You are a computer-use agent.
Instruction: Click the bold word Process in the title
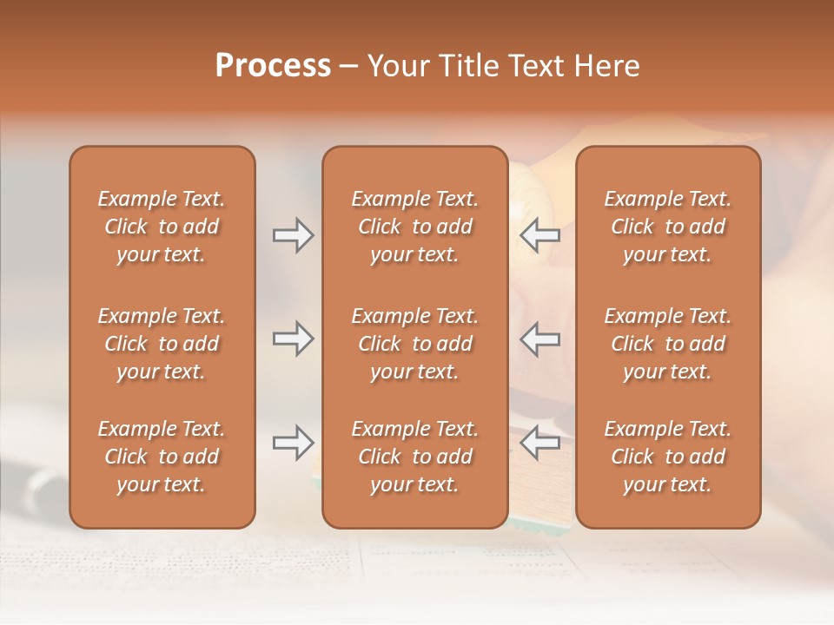[x=273, y=66]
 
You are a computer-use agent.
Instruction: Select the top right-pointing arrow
[x=293, y=235]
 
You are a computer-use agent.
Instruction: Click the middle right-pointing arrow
[x=293, y=339]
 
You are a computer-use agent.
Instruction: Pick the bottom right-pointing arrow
[x=293, y=443]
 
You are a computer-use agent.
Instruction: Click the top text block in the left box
[x=162, y=227]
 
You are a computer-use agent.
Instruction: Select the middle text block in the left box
[x=162, y=344]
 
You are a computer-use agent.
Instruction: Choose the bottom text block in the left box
[x=162, y=457]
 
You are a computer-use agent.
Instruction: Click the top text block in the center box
[x=414, y=227]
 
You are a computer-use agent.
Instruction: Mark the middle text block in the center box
[x=414, y=344]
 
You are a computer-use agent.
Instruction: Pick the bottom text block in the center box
[x=414, y=457]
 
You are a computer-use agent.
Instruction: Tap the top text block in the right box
[x=667, y=227]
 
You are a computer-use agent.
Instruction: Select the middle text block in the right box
[x=667, y=344]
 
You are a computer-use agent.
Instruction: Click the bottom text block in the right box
[x=667, y=457]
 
